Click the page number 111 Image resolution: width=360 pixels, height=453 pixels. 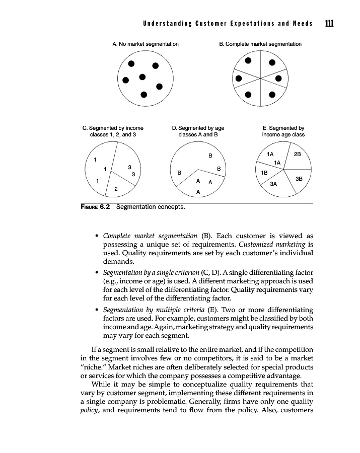[330, 23]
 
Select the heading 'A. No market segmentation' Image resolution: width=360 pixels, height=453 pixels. [145, 44]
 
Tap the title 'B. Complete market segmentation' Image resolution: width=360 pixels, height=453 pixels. [260, 44]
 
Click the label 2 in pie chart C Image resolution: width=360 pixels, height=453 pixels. [116, 189]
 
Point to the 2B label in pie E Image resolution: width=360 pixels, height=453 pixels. [297, 154]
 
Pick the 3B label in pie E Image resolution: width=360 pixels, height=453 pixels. [299, 178]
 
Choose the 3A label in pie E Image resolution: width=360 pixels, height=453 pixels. [274, 184]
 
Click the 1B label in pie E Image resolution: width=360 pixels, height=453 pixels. [263, 172]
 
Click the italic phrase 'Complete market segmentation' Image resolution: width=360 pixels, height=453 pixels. [150, 236]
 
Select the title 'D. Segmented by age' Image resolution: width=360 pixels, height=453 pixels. [198, 128]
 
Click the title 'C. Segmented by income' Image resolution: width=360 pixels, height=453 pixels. [113, 128]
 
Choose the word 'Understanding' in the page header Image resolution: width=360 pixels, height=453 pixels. [162, 24]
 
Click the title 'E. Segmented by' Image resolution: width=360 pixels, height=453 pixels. [283, 128]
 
